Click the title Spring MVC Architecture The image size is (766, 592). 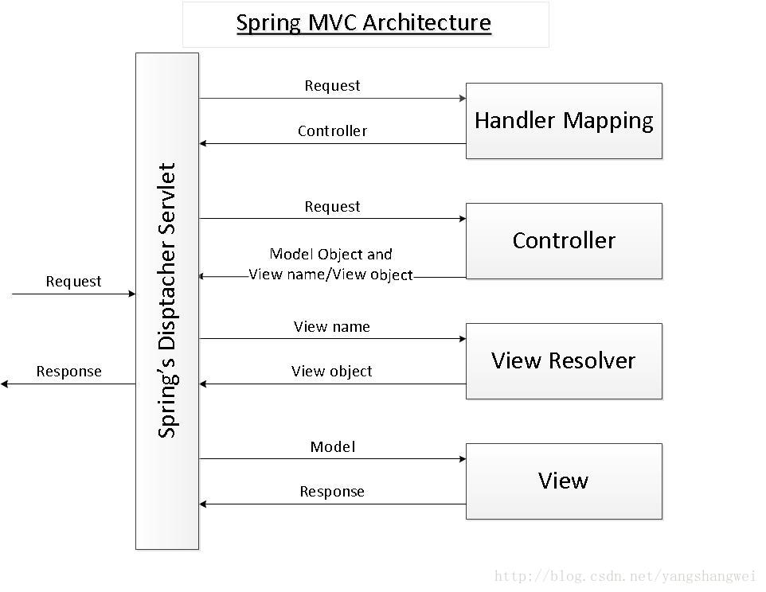tap(364, 22)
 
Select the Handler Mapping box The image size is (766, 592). tap(564, 121)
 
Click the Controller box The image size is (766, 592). tap(564, 240)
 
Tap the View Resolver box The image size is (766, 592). tap(564, 360)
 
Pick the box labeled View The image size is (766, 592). tap(564, 481)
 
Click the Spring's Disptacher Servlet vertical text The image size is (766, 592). tap(166, 301)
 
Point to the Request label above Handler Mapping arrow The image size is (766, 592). tap(332, 85)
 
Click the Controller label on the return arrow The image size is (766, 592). tap(332, 130)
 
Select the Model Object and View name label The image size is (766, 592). tap(331, 264)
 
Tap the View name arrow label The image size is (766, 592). tap(331, 326)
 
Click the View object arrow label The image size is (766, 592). tap(331, 371)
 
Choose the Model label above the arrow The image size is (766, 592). tap(332, 446)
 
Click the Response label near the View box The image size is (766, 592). tap(332, 491)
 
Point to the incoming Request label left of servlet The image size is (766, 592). tap(73, 281)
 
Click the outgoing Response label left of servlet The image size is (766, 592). tap(69, 371)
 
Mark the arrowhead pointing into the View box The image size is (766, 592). tap(462, 459)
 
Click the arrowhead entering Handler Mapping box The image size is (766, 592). tap(462, 99)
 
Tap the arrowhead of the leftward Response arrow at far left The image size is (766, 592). tap(4, 384)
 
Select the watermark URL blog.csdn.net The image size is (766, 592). tap(624, 576)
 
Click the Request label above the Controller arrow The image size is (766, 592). tap(332, 206)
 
